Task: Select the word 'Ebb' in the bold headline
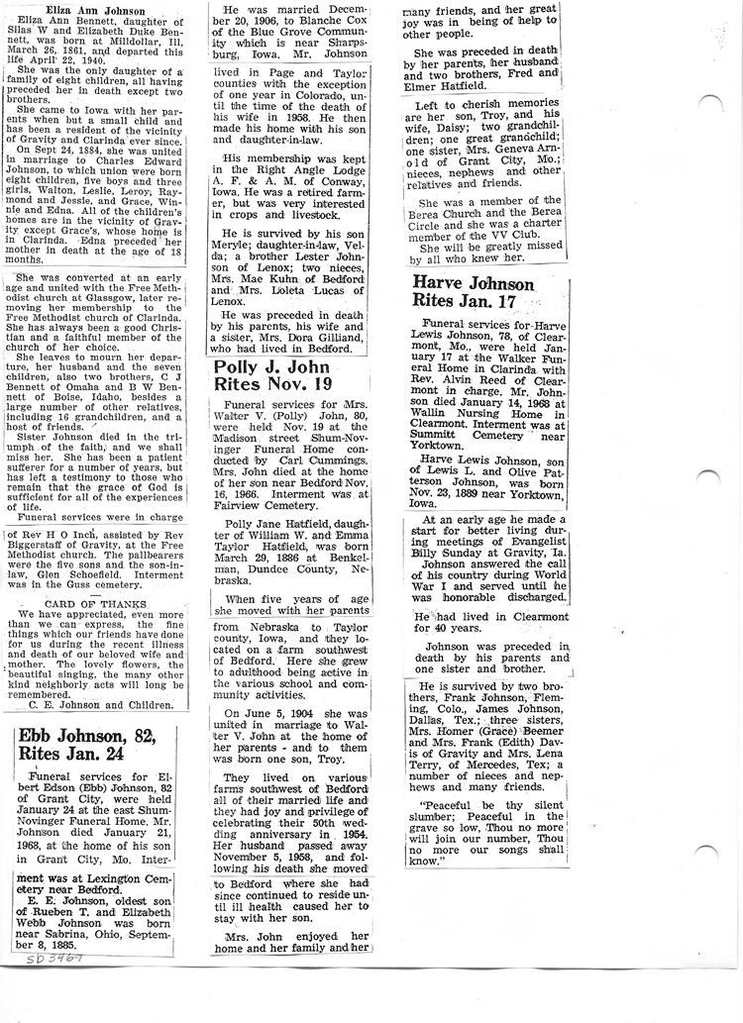tap(42, 737)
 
